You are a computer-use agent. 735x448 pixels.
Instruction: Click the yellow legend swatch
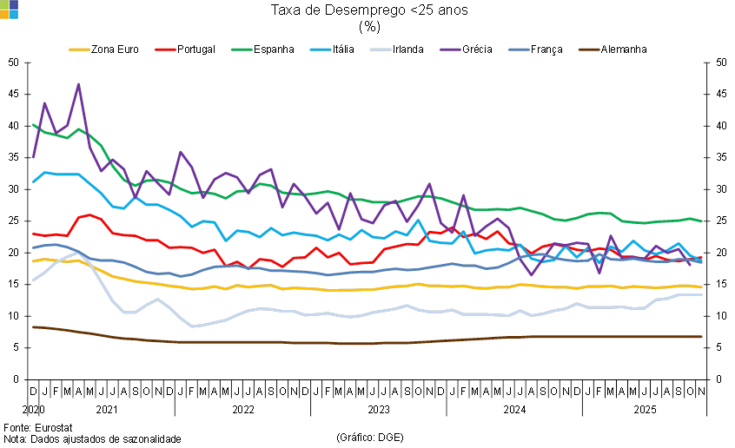click(79, 49)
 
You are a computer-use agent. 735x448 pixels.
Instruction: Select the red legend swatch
click(165, 49)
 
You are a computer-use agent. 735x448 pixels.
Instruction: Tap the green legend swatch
click(242, 49)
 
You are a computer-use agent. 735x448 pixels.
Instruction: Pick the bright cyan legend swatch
click(321, 49)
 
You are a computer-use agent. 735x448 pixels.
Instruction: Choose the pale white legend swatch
click(381, 49)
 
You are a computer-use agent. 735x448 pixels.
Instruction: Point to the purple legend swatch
click(451, 49)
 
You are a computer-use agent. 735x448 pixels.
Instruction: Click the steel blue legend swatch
click(520, 49)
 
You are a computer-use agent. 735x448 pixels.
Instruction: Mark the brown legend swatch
click(589, 49)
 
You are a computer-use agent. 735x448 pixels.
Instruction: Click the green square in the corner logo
click(4, 4)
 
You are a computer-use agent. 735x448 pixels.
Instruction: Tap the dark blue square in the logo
click(14, 4)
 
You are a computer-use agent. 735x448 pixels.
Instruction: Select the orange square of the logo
click(4, 14)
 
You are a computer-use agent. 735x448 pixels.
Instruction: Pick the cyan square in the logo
click(14, 14)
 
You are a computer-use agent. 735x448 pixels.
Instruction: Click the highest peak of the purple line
click(79, 84)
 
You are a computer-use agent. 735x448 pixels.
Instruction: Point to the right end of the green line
click(702, 221)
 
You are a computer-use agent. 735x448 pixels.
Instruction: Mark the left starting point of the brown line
click(33, 327)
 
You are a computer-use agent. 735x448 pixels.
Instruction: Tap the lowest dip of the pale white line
click(191, 326)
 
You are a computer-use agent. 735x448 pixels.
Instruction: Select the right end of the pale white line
click(702, 295)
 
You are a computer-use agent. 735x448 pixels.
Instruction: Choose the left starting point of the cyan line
click(33, 181)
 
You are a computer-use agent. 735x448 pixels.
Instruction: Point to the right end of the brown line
click(702, 337)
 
